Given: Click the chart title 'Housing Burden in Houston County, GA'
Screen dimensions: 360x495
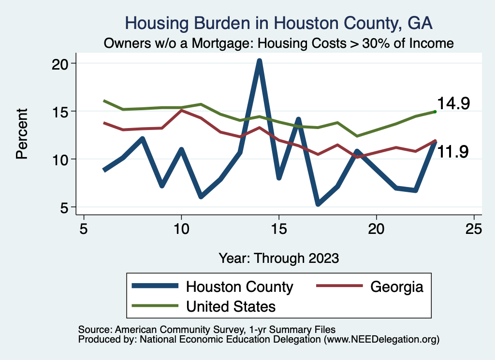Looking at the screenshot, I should (279, 23).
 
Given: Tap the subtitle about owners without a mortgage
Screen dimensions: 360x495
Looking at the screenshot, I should (279, 43).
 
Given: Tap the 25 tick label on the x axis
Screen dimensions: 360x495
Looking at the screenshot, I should (474, 229).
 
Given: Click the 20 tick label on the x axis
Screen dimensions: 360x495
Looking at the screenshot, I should (376, 229).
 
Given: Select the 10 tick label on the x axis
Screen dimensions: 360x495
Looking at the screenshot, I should (181, 229).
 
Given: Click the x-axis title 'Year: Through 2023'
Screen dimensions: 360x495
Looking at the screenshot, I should (279, 258).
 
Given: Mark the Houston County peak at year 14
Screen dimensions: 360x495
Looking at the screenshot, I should (260, 61).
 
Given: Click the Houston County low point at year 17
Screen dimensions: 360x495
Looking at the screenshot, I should (318, 204).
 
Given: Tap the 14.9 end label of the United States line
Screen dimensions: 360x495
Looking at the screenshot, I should (453, 103).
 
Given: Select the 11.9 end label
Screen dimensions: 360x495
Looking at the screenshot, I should (453, 151).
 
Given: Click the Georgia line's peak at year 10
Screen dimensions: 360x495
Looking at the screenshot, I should (181, 111).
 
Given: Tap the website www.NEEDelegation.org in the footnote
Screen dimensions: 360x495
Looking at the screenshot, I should (381, 340).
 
